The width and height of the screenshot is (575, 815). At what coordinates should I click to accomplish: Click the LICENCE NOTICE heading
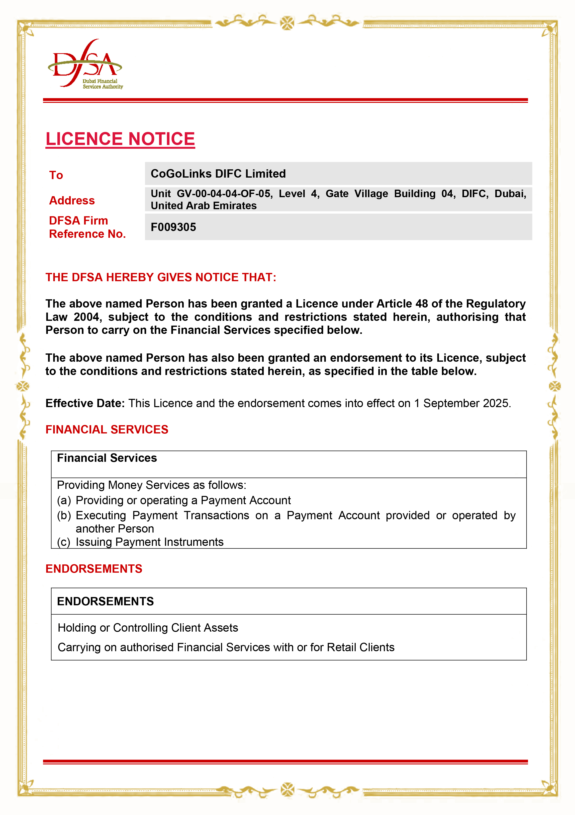(120, 139)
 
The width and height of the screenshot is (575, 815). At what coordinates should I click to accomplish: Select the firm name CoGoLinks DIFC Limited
(218, 174)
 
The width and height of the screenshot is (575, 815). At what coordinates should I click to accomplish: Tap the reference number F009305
(173, 227)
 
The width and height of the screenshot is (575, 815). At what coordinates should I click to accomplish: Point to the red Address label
(72, 201)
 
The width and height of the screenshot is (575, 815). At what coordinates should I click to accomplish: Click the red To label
(56, 175)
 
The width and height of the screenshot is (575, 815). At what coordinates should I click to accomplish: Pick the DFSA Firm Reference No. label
(87, 227)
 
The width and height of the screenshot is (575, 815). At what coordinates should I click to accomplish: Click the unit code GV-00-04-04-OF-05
(224, 194)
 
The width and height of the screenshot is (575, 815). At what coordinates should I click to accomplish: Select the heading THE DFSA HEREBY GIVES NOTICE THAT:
(161, 277)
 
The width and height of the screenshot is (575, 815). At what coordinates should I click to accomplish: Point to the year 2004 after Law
(86, 317)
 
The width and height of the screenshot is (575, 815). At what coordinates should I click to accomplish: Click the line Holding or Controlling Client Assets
(148, 628)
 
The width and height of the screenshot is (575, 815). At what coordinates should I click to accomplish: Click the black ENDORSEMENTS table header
(105, 601)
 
